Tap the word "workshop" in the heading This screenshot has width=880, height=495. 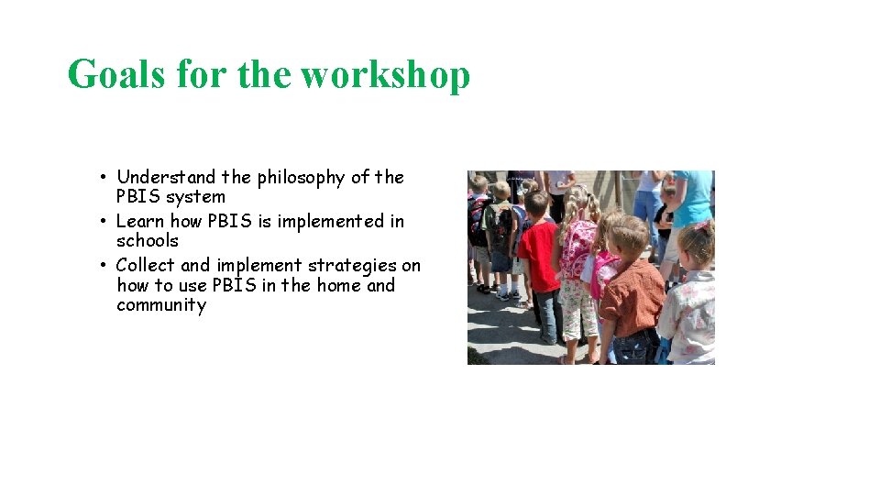point(386,74)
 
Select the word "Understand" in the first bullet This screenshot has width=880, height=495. point(166,177)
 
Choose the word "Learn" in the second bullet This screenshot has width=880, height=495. point(140,221)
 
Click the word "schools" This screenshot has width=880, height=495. point(148,241)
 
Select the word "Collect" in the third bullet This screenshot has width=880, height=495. point(146,265)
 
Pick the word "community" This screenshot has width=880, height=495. point(161,305)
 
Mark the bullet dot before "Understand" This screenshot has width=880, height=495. point(106,177)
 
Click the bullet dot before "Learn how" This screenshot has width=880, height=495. point(106,221)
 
